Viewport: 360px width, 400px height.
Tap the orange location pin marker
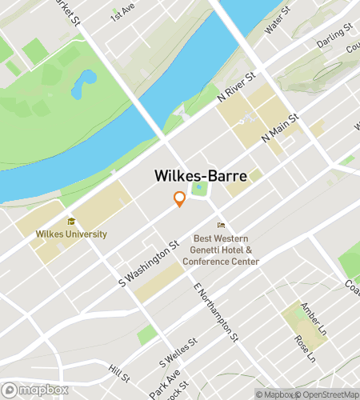pos(180,199)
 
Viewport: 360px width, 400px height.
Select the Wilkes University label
pos(71,234)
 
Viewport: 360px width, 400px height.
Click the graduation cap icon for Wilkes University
pos(71,222)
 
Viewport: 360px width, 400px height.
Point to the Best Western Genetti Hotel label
pos(227,250)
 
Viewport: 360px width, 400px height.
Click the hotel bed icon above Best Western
pos(222,226)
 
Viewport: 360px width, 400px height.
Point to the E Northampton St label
pos(216,311)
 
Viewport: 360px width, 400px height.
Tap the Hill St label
pos(119,374)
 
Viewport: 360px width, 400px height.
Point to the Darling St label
pos(334,35)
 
